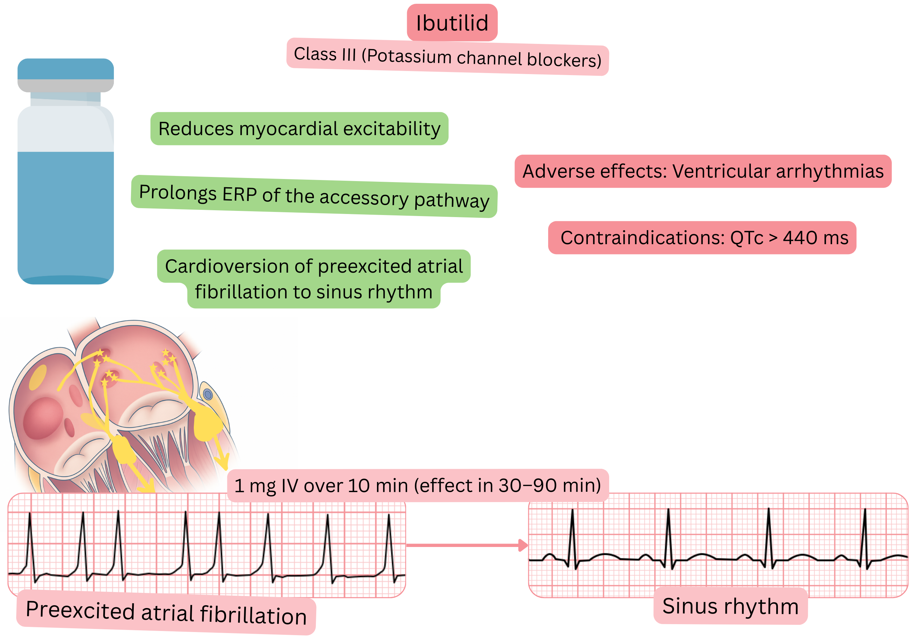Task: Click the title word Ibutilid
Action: click(x=452, y=23)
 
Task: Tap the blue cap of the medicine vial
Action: click(x=66, y=69)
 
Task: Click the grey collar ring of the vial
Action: click(x=66, y=85)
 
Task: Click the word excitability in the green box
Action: click(x=392, y=129)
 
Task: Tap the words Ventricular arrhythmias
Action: click(x=778, y=171)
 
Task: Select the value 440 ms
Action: click(x=815, y=238)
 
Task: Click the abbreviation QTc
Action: click(x=746, y=238)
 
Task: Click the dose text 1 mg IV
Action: click(x=266, y=486)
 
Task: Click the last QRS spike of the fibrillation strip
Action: click(x=389, y=539)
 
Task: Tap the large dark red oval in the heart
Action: click(x=43, y=418)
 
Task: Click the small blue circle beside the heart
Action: click(x=208, y=394)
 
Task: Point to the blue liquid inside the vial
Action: click(x=66, y=214)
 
